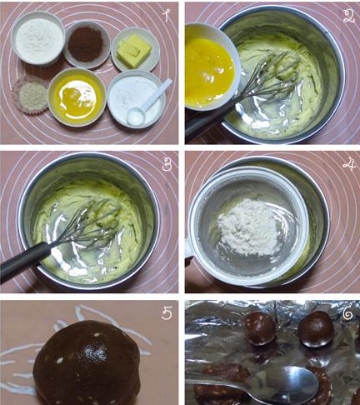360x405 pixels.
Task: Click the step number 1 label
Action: pyautogui.click(x=166, y=15)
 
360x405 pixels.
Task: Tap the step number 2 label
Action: pyautogui.click(x=349, y=16)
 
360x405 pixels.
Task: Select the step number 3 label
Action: pyautogui.click(x=166, y=164)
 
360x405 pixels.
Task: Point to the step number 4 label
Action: pyautogui.click(x=349, y=165)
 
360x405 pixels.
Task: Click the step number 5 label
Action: pyautogui.click(x=167, y=313)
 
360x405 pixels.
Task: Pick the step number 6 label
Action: pyautogui.click(x=347, y=314)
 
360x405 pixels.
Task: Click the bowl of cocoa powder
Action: pyautogui.click(x=87, y=44)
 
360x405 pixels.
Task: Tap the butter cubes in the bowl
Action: pyautogui.click(x=133, y=51)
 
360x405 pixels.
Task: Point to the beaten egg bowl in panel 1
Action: pyautogui.click(x=77, y=97)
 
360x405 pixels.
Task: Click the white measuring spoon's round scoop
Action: pyautogui.click(x=136, y=116)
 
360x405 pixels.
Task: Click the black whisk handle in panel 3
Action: pyautogui.click(x=26, y=262)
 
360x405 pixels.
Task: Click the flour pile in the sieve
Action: pyautogui.click(x=249, y=227)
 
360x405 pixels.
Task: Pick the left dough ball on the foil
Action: pyautogui.click(x=259, y=328)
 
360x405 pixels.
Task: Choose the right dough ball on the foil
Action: pyautogui.click(x=316, y=329)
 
